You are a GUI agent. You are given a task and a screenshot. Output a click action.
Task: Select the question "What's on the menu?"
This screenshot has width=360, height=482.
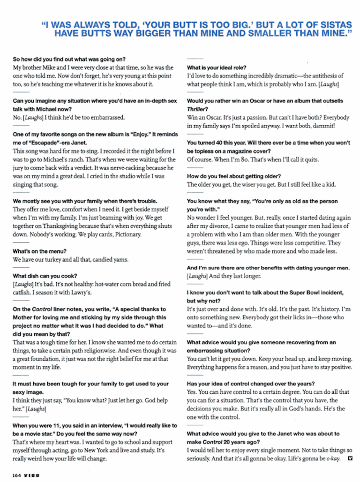[39, 251]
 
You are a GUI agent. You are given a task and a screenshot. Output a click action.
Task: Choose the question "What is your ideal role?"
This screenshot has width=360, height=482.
[217, 68]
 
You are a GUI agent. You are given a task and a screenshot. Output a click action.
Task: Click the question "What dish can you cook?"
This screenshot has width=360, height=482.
[45, 276]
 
